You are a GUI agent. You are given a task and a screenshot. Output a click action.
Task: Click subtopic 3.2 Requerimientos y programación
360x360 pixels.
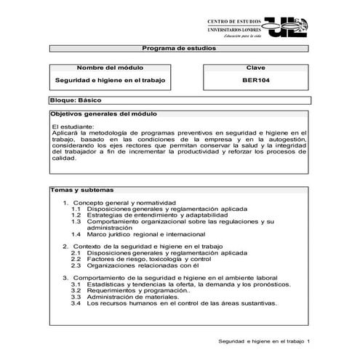click(130, 290)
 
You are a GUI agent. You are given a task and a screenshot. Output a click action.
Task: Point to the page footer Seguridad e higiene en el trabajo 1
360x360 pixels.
click(265, 342)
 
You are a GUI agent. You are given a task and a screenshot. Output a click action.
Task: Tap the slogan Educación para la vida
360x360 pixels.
click(242, 35)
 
